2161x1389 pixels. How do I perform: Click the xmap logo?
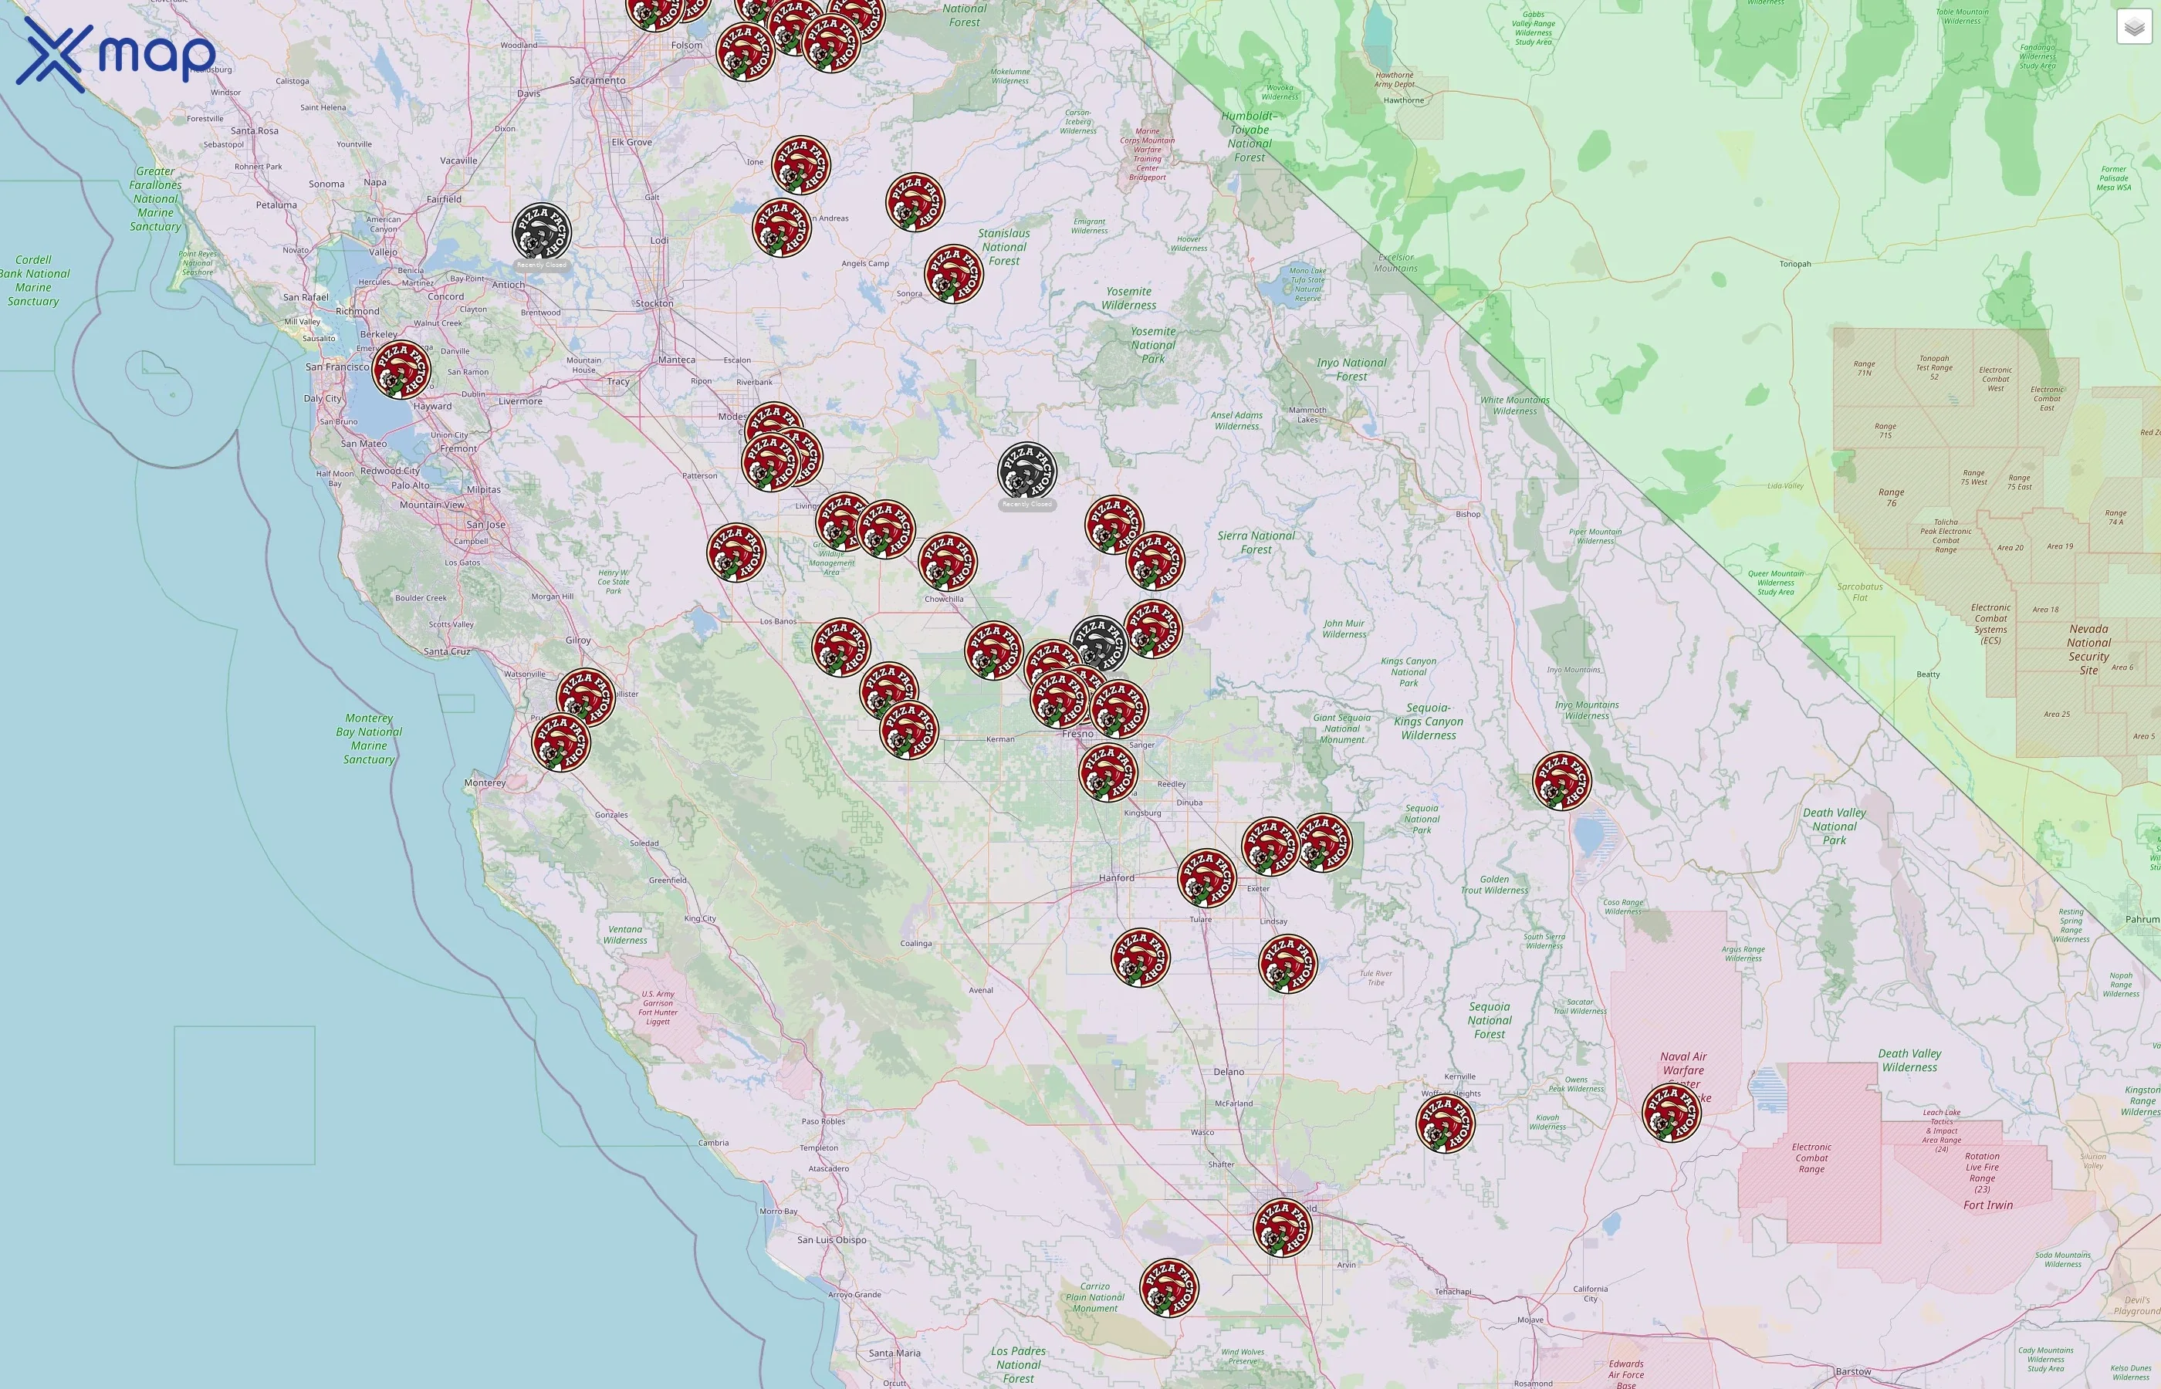[x=116, y=54]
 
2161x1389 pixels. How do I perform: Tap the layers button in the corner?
[x=2133, y=27]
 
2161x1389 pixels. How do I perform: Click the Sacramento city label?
[x=597, y=80]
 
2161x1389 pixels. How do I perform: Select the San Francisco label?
[x=337, y=367]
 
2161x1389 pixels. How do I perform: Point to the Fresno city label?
[x=1077, y=734]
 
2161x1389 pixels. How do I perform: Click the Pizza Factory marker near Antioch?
[x=542, y=233]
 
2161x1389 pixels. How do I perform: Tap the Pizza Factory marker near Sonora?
[x=953, y=274]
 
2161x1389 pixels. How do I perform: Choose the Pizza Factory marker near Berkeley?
[x=401, y=369]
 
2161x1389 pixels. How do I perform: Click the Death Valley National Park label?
[x=1834, y=826]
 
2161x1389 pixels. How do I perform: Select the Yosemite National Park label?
[x=1152, y=344]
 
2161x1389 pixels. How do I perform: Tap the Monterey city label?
[x=485, y=783]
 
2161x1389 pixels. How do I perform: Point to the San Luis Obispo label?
[x=831, y=1239]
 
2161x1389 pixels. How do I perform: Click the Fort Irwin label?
[x=1988, y=1205]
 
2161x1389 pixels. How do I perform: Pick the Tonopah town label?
[x=1795, y=264]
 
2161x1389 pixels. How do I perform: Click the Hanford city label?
[x=1117, y=877]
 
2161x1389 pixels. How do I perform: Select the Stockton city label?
[x=654, y=304]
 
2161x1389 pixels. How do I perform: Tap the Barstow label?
[x=1852, y=1372]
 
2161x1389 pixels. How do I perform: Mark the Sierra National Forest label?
[x=1256, y=542]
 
